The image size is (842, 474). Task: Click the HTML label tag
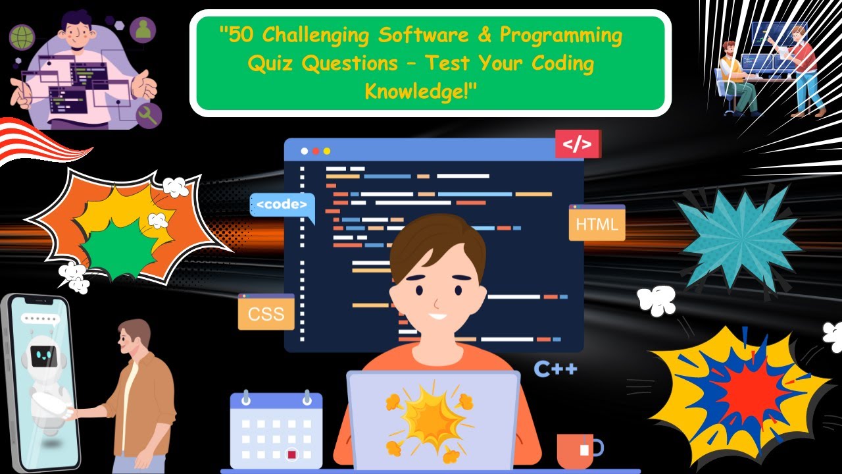coord(597,224)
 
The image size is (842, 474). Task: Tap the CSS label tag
coord(266,313)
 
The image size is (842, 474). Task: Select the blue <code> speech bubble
coord(282,205)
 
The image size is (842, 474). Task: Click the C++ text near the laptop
coord(555,369)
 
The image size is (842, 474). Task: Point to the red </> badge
coord(577,144)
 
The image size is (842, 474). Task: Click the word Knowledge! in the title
coord(421,92)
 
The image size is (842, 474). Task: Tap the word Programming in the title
coord(560,36)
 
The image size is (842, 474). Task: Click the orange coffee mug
coord(577,450)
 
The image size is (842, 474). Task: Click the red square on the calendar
coord(291,454)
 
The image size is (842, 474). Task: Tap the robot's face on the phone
coord(45,355)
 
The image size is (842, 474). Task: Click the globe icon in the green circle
coord(21,36)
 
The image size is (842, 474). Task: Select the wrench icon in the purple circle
coord(149,115)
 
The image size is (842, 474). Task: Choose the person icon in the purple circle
coord(143,29)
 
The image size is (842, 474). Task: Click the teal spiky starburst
coord(740,238)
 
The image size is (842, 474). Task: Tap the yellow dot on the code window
coord(326,151)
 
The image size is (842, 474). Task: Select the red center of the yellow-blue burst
coord(750,395)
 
